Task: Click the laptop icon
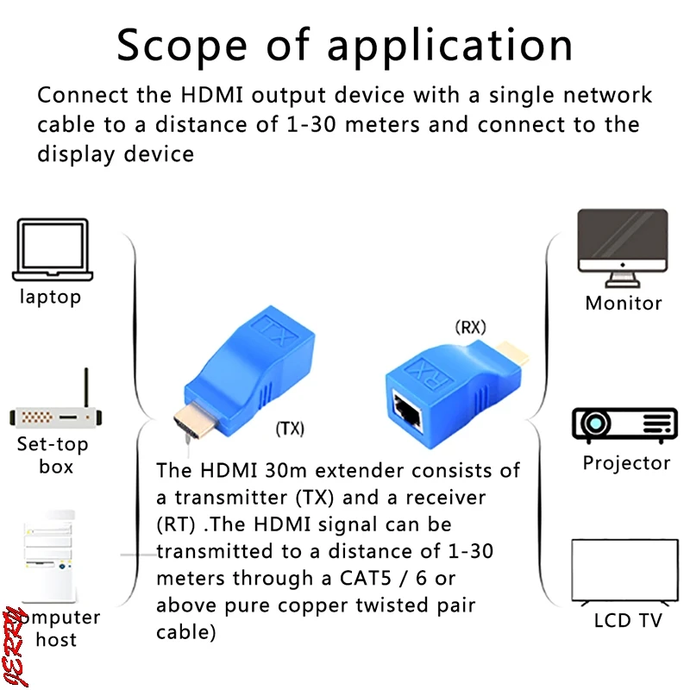[52, 249]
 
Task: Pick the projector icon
[625, 424]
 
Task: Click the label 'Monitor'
[624, 303]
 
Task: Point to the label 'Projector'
[626, 463]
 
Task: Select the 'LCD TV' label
[627, 620]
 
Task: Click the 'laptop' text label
[51, 297]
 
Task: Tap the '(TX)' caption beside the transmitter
[290, 427]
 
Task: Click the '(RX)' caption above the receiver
[471, 327]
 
